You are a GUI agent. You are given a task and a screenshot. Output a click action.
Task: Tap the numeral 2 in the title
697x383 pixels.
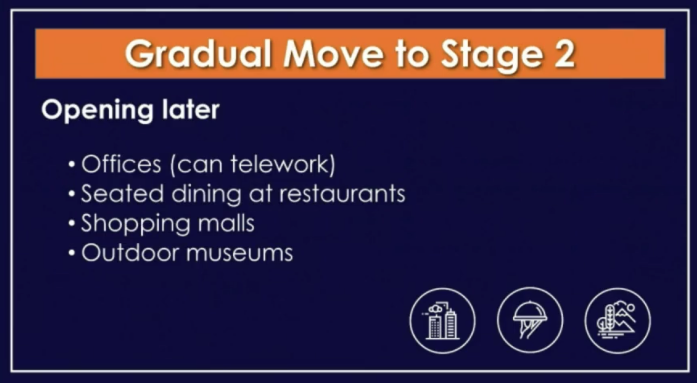coord(564,54)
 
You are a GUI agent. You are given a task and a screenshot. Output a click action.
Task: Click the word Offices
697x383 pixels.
coord(121,164)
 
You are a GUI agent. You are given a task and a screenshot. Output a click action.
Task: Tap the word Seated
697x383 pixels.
coord(122,193)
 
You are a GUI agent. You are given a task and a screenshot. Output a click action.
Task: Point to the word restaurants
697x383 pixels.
coord(342,194)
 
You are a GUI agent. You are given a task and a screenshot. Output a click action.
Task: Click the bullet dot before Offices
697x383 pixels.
coord(71,165)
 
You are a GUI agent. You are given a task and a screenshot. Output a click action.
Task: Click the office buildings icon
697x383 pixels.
coord(442,321)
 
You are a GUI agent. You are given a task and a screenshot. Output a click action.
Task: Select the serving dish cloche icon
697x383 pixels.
coord(530,321)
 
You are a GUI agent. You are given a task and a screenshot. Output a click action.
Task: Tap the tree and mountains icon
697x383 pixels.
coord(617,321)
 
